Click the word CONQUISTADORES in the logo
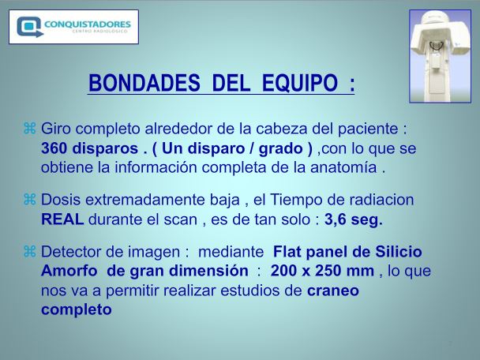[88, 24]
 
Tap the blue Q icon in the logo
[29, 27]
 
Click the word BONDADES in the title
[144, 83]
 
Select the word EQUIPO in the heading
[300, 83]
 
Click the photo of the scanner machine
[440, 56]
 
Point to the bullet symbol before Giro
[30, 128]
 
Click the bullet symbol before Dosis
[30, 200]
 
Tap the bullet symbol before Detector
[30, 252]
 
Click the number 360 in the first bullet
[54, 148]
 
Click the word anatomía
[343, 167]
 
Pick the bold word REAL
[62, 219]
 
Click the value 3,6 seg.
[354, 219]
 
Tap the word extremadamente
[163, 200]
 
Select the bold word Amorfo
[69, 271]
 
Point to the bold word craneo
[333, 291]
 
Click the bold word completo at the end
[77, 309]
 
